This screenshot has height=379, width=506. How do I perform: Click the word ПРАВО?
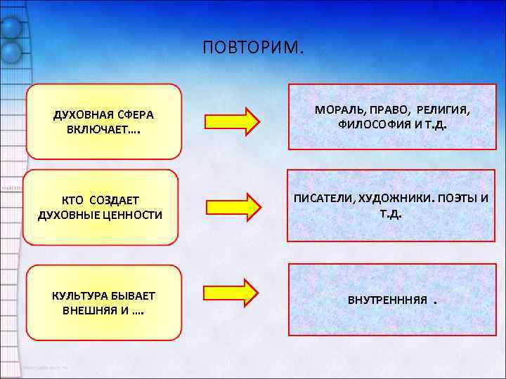384,111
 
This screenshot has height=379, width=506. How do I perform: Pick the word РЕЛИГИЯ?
443,111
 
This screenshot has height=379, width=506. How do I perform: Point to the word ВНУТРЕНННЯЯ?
387,300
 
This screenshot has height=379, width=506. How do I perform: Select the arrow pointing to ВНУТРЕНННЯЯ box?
233,293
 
